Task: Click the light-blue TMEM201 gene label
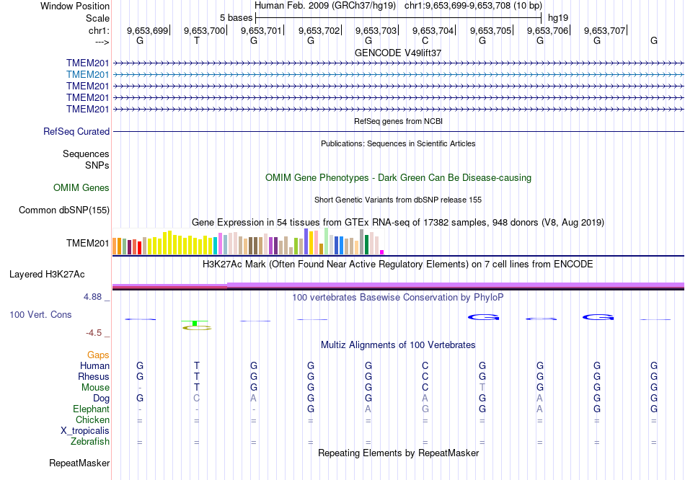click(87, 74)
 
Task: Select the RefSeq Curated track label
click(76, 132)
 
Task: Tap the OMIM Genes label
click(81, 188)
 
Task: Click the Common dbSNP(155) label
click(64, 210)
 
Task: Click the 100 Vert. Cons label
click(40, 315)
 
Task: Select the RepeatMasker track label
click(79, 463)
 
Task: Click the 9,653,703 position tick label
click(376, 30)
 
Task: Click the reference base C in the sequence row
click(425, 41)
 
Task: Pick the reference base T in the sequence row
click(197, 41)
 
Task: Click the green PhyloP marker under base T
click(195, 324)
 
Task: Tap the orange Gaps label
click(98, 355)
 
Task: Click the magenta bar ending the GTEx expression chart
click(382, 252)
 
